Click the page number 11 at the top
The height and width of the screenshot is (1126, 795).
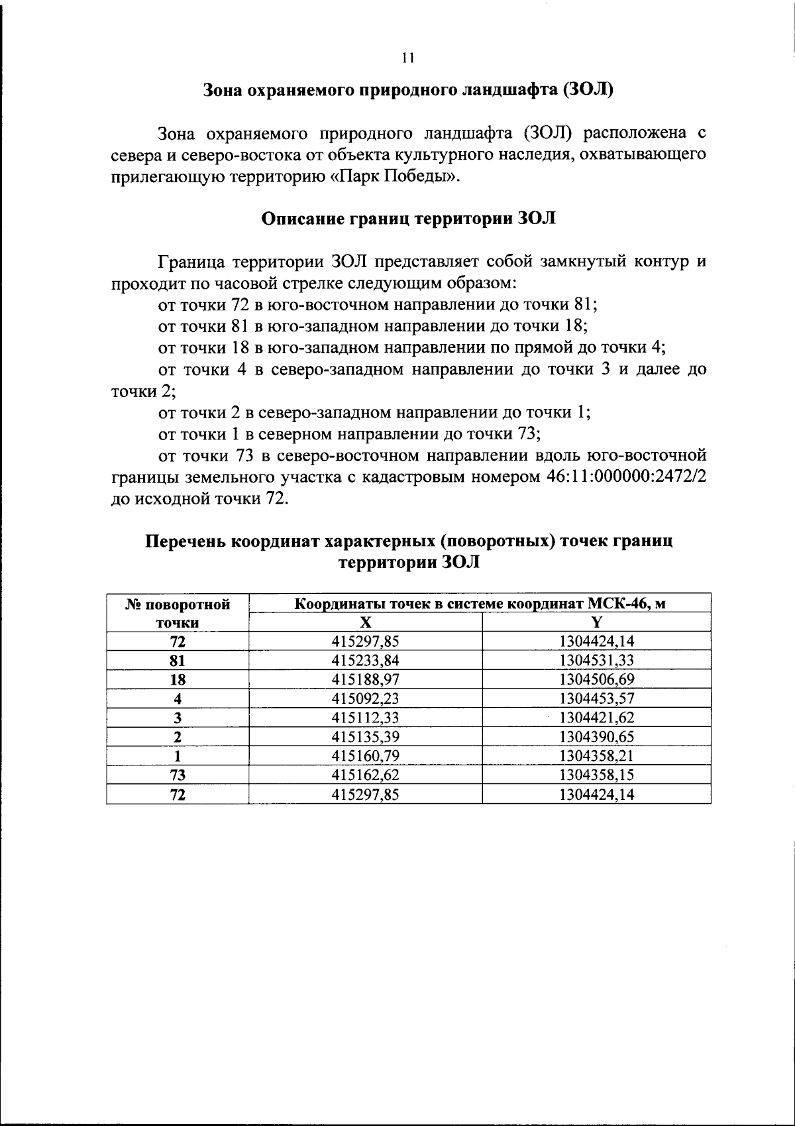click(x=407, y=58)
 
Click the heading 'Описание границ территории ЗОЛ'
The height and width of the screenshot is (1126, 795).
click(x=409, y=219)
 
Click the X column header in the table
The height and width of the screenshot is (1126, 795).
click(x=365, y=622)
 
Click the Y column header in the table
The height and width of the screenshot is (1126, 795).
click(x=596, y=622)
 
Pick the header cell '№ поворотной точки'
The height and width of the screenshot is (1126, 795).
click(x=178, y=613)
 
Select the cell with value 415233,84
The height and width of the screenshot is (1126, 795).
click(x=365, y=660)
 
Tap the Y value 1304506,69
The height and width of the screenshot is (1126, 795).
click(x=596, y=679)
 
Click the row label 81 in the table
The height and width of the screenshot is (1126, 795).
click(x=178, y=660)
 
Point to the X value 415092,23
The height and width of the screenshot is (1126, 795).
click(x=365, y=698)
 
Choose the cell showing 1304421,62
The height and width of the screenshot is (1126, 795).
click(x=596, y=717)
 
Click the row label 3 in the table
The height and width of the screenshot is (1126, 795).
click(x=178, y=717)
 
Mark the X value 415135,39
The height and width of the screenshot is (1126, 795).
click(x=365, y=736)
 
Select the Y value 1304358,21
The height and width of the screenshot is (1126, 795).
click(x=596, y=756)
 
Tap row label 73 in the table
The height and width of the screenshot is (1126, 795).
click(x=178, y=775)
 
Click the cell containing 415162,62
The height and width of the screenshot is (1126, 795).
click(x=365, y=775)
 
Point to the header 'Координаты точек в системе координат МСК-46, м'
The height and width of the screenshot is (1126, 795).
click(x=480, y=604)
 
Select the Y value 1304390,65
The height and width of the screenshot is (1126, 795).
click(x=596, y=736)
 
